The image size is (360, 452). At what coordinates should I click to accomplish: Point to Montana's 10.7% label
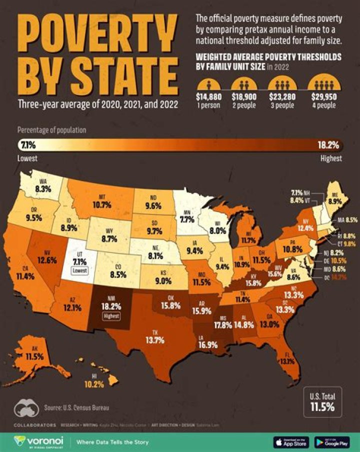[101, 204]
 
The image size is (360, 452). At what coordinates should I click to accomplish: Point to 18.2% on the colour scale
[328, 145]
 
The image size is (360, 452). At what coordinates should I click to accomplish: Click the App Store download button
[291, 442]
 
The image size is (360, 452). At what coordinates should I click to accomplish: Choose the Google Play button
[332, 442]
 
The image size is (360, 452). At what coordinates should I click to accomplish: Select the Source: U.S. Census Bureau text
[75, 407]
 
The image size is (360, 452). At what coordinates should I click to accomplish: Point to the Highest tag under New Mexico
[108, 316]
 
